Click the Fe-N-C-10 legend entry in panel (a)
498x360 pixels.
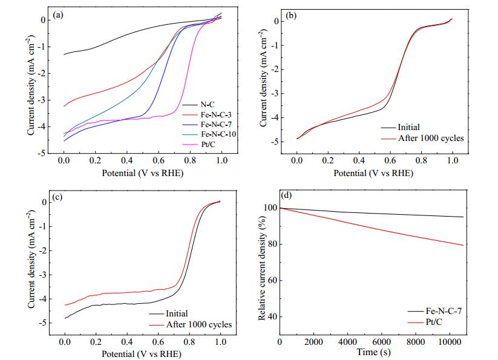218,134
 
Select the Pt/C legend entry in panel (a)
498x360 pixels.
208,145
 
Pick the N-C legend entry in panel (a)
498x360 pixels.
208,105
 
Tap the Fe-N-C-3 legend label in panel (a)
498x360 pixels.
216,114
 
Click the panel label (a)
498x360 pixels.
58,15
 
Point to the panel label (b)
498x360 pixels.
291,16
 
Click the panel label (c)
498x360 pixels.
57,197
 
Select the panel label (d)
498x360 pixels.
287,195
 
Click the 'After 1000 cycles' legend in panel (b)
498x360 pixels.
431,138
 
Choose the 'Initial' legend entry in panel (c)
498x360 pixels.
177,313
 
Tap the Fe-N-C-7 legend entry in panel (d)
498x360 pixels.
444,311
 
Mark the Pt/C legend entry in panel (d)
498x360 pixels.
434,322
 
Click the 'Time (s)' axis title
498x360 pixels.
373,352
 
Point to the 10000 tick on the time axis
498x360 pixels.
450,342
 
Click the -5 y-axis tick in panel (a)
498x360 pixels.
41,154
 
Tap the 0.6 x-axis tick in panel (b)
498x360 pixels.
390,160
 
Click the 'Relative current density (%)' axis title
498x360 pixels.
261,269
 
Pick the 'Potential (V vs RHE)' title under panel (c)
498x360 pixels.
142,354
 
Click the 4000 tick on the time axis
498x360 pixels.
347,342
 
